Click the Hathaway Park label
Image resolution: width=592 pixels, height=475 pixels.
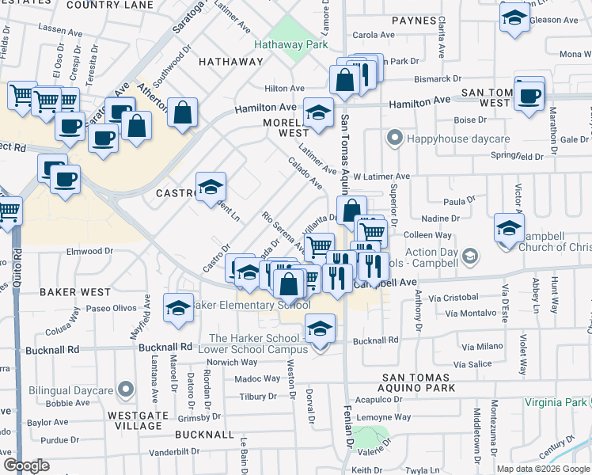(x=290, y=44)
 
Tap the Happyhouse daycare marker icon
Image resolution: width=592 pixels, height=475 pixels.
(x=394, y=139)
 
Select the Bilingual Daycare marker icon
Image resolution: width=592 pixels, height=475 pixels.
(x=124, y=389)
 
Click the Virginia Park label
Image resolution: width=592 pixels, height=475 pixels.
(x=556, y=401)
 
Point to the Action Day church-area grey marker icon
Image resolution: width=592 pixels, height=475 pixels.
(x=471, y=255)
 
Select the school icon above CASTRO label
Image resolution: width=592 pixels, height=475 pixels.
(x=211, y=187)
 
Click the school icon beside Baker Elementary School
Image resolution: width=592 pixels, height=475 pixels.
(x=178, y=307)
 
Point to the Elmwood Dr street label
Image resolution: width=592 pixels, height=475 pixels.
(x=91, y=251)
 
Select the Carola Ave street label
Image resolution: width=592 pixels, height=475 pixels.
(x=374, y=35)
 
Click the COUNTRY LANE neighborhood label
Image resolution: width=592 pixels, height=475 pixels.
(x=110, y=5)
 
